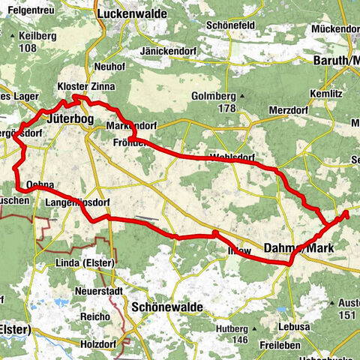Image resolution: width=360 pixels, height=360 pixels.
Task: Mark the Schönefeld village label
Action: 230,25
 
